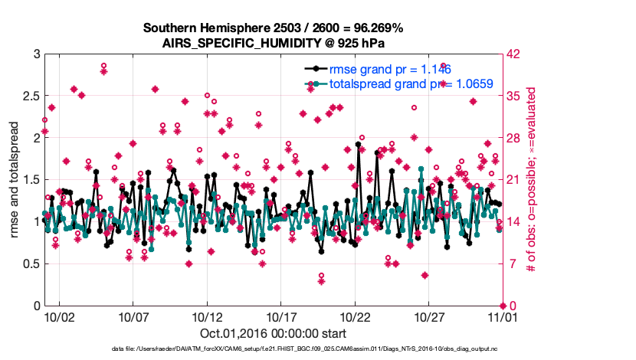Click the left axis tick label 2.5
tap(28, 97)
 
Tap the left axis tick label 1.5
tap(28, 180)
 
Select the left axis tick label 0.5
tap(28, 264)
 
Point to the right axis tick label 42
tap(513, 54)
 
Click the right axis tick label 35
tap(513, 97)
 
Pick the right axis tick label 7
tap(510, 264)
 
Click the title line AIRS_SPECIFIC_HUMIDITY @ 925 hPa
tap(274, 43)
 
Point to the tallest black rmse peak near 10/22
tap(358, 144)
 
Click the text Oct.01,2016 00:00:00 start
tap(274, 334)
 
